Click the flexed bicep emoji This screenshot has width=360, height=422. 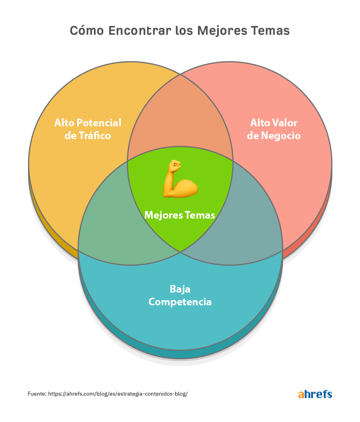click(180, 179)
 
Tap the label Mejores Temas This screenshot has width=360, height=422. click(180, 215)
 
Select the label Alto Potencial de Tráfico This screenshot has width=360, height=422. click(88, 129)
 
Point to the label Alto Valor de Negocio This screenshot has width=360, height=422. click(274, 129)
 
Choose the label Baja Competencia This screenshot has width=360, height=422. click(180, 295)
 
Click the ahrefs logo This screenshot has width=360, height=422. click(315, 394)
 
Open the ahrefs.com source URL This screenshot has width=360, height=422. click(118, 394)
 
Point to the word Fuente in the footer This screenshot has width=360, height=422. click(37, 394)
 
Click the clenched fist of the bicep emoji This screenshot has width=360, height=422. click(175, 164)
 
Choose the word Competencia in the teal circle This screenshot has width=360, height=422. click(180, 302)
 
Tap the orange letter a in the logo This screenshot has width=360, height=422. click(301, 395)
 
